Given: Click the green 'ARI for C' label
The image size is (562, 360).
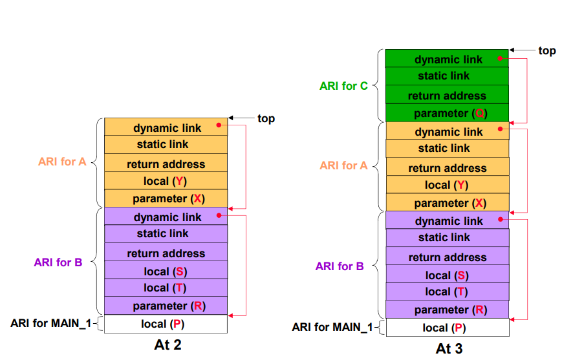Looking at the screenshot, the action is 343,86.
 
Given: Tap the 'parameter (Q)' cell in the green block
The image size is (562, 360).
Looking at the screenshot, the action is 447,113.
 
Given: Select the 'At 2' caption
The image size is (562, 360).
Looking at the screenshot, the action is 168,344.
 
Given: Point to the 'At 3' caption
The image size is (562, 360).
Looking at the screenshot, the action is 449,348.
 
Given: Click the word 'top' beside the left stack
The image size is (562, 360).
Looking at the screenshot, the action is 266,118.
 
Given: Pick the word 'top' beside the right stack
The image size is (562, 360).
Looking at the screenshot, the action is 547,50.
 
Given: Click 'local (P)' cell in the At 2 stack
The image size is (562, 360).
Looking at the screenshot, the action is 166,324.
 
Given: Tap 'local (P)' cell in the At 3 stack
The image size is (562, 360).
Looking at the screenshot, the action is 448,328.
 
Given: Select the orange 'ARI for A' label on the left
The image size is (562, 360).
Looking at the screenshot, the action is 62,162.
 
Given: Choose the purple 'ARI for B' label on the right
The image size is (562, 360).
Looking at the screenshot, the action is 340,266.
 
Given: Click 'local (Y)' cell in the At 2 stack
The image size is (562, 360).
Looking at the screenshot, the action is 166,180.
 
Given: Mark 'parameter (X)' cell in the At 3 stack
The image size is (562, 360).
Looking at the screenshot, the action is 448,202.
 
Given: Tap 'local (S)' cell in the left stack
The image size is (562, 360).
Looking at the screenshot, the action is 166,270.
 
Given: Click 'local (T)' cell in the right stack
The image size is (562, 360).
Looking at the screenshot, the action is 448,291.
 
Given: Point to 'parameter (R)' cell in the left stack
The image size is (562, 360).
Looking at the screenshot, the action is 166,306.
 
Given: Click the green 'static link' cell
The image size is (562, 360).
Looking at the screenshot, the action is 447,76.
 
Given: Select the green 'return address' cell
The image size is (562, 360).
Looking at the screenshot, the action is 447,94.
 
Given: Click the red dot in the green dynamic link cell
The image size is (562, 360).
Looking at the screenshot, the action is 500,58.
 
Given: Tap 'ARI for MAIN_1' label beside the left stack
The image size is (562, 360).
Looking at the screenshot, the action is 50,323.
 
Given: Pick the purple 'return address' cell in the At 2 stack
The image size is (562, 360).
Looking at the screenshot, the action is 166,252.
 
